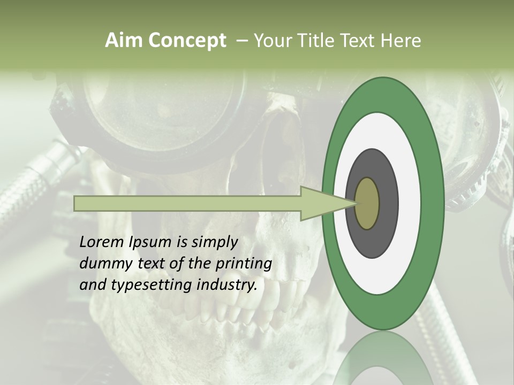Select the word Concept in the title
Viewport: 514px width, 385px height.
click(187, 41)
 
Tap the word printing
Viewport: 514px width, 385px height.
click(244, 264)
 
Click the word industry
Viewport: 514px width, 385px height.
click(227, 285)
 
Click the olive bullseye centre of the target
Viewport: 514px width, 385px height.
click(368, 203)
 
